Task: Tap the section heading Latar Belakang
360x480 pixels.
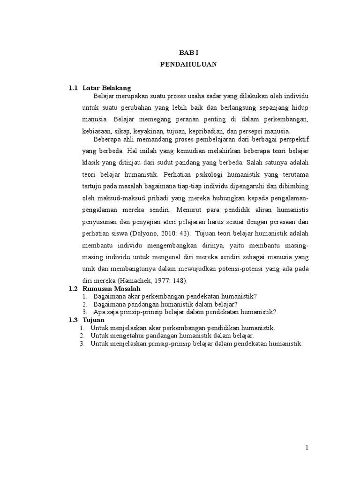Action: click(x=106, y=88)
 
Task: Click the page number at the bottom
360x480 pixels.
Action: click(x=307, y=448)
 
